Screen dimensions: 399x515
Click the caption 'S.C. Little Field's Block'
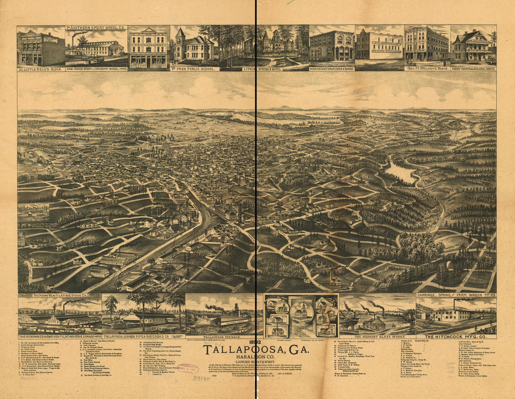(x=41, y=68)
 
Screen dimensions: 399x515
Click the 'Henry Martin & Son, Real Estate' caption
(x=473, y=68)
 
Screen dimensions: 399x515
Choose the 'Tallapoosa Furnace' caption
(x=223, y=337)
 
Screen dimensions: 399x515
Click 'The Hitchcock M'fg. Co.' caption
(x=456, y=337)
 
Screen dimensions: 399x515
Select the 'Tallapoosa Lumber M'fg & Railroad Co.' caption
(x=142, y=337)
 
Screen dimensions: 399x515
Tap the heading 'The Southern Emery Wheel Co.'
(x=96, y=28)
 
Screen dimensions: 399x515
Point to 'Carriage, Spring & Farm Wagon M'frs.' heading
(x=456, y=296)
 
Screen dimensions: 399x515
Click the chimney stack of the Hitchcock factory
(x=454, y=304)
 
